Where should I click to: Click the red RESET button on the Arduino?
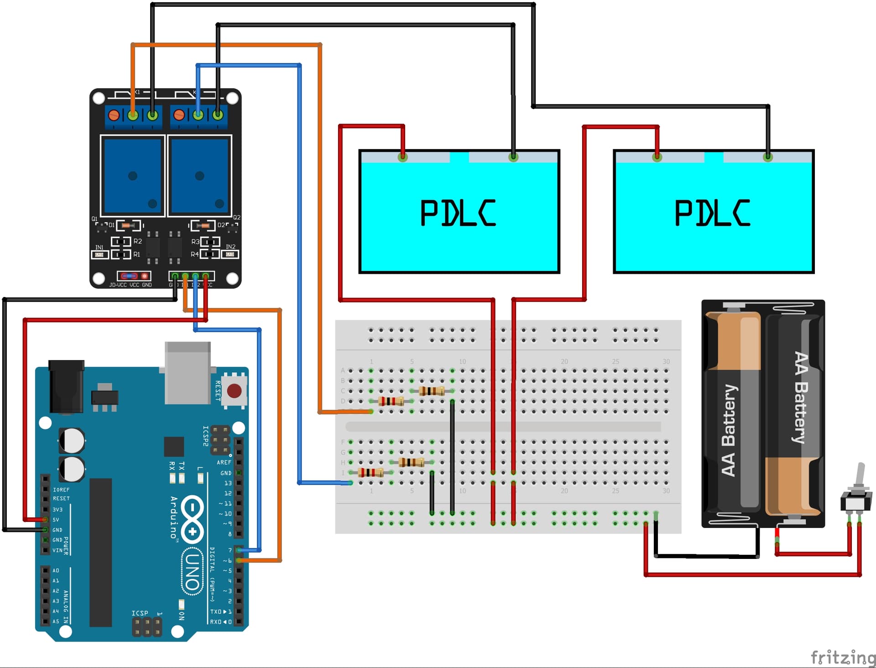click(x=234, y=391)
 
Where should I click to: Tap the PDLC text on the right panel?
click(x=712, y=213)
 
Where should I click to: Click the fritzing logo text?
click(x=842, y=658)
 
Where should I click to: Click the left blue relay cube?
click(x=133, y=176)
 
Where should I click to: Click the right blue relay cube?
click(x=199, y=176)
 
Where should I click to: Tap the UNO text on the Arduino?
click(x=192, y=572)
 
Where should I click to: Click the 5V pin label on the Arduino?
click(x=56, y=520)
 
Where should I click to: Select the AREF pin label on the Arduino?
click(x=224, y=462)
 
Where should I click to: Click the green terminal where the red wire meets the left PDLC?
click(x=402, y=157)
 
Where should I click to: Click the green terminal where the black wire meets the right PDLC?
click(x=768, y=157)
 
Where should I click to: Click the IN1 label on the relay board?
click(x=99, y=247)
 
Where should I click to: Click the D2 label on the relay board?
click(x=221, y=225)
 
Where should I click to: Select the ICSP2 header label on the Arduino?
click(x=205, y=436)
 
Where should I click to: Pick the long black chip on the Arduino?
click(x=100, y=552)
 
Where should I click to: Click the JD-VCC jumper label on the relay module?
click(x=118, y=285)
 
